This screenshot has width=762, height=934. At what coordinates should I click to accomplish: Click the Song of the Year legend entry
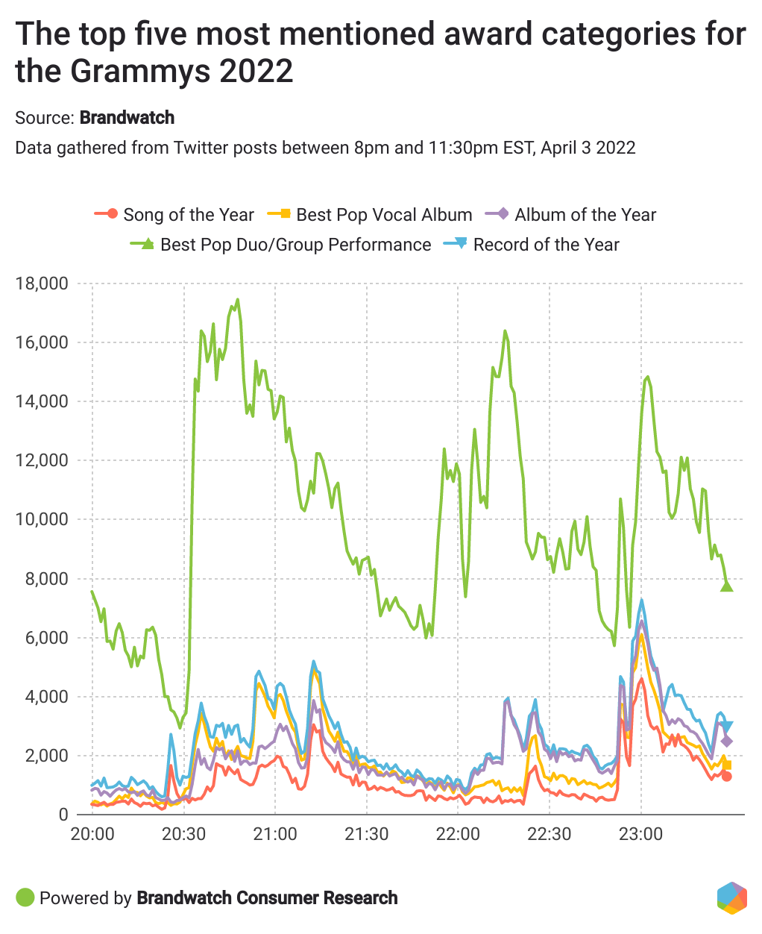174,215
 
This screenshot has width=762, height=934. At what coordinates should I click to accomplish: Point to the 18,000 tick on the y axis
42,283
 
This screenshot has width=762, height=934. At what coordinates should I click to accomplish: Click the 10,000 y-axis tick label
42,519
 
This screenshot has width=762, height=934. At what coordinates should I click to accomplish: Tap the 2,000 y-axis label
46,756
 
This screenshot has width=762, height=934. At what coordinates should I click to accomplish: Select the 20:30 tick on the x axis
183,833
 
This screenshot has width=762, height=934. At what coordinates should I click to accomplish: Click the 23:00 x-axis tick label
641,833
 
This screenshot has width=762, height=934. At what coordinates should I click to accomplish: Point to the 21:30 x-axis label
366,833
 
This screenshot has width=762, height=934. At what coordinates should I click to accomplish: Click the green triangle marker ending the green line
727,586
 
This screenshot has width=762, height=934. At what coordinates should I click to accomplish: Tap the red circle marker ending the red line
727,777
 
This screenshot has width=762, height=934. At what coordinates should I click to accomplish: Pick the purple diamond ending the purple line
727,742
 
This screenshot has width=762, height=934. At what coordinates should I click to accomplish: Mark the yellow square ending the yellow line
727,765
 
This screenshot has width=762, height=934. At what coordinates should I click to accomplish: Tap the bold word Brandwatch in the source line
127,118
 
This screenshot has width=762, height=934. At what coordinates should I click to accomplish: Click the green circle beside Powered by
25,897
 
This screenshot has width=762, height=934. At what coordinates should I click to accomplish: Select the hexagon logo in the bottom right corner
731,897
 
